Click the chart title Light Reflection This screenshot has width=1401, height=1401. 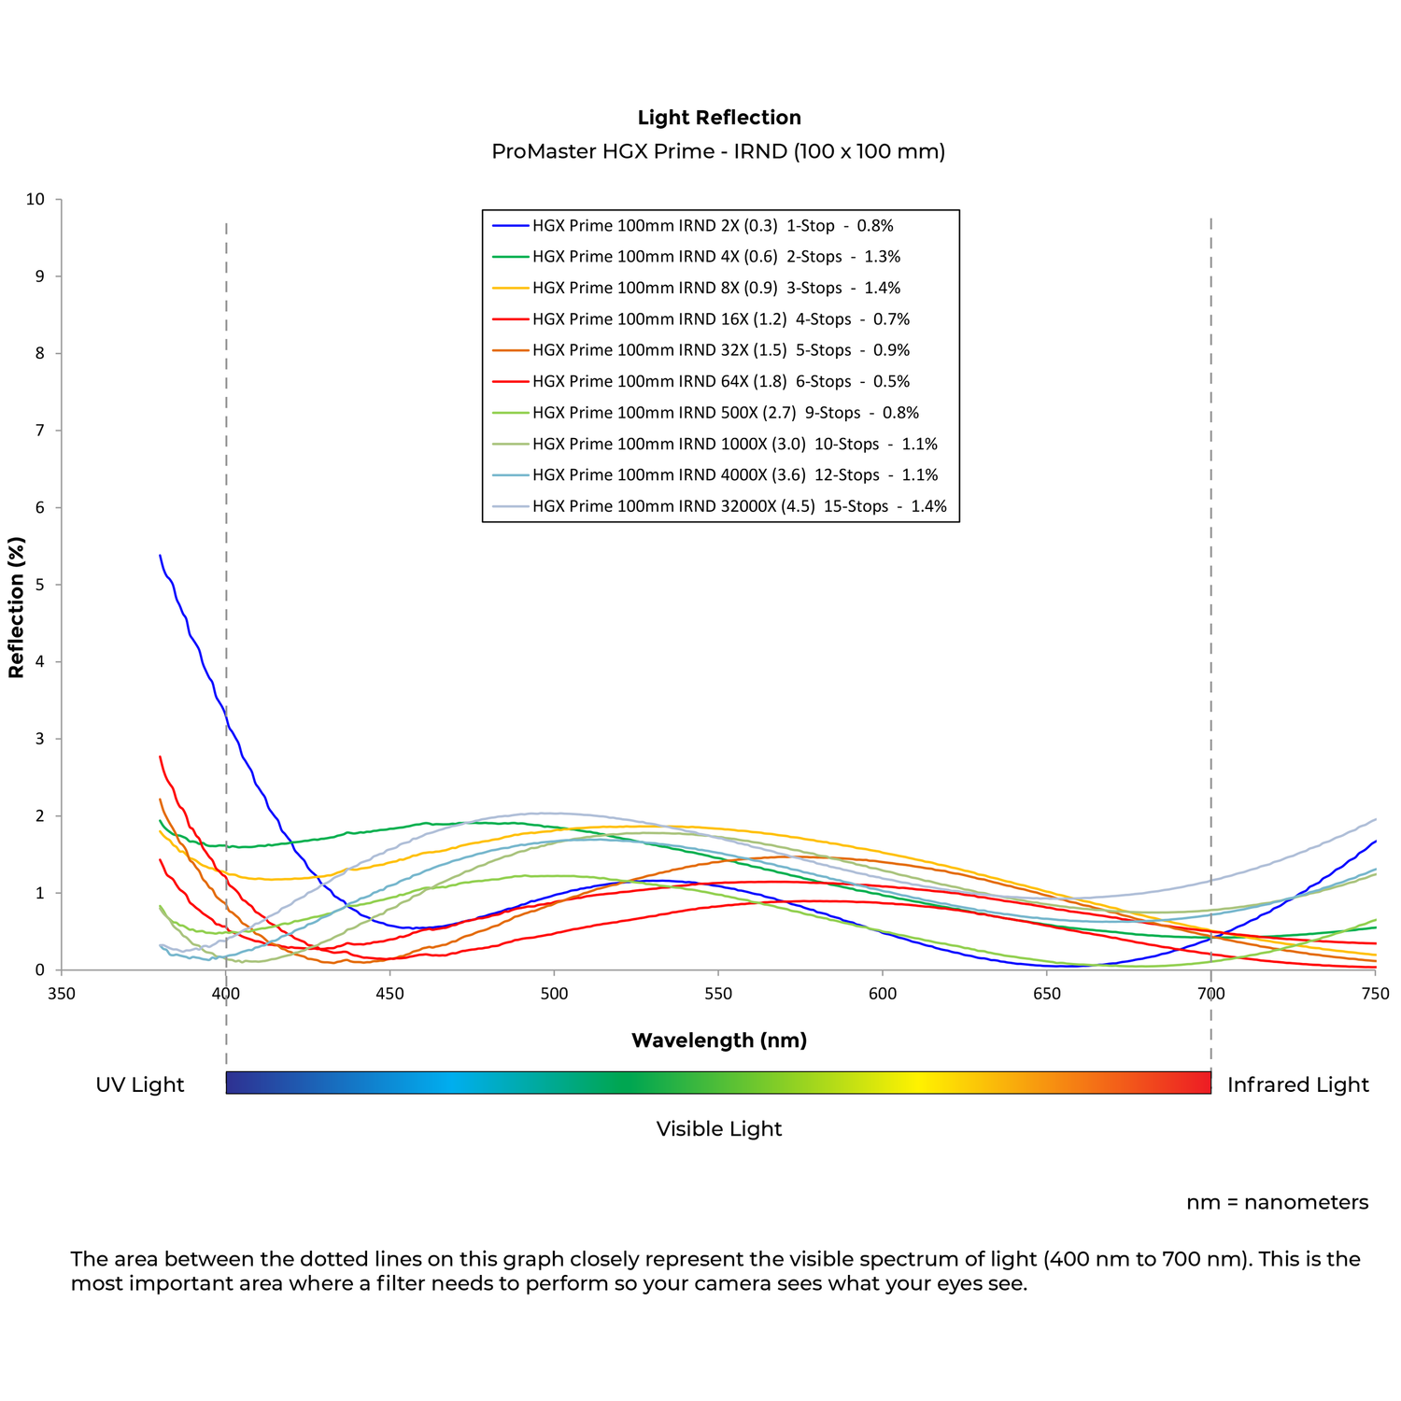719,118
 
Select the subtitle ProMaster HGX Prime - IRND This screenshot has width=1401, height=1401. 718,151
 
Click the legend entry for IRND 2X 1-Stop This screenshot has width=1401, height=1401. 713,225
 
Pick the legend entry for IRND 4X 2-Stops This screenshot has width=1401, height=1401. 716,257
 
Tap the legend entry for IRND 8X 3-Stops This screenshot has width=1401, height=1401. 716,288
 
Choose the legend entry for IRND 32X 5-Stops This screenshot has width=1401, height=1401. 721,350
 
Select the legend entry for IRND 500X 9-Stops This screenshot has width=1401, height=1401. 726,413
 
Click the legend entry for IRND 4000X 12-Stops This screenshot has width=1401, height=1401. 735,475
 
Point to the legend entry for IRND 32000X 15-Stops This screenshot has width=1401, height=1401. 740,506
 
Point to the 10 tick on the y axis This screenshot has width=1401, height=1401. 35,199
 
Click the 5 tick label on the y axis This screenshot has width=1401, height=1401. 40,585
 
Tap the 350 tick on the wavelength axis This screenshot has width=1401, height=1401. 62,994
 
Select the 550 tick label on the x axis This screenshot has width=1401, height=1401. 718,994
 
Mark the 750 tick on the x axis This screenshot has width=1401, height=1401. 1375,994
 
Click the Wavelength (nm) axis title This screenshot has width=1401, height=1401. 719,1040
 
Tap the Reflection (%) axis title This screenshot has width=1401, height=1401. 16,607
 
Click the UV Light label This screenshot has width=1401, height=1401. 140,1084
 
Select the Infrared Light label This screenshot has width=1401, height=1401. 1297,1084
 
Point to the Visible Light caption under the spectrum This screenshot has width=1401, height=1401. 719,1128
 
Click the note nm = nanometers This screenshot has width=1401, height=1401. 1277,1202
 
